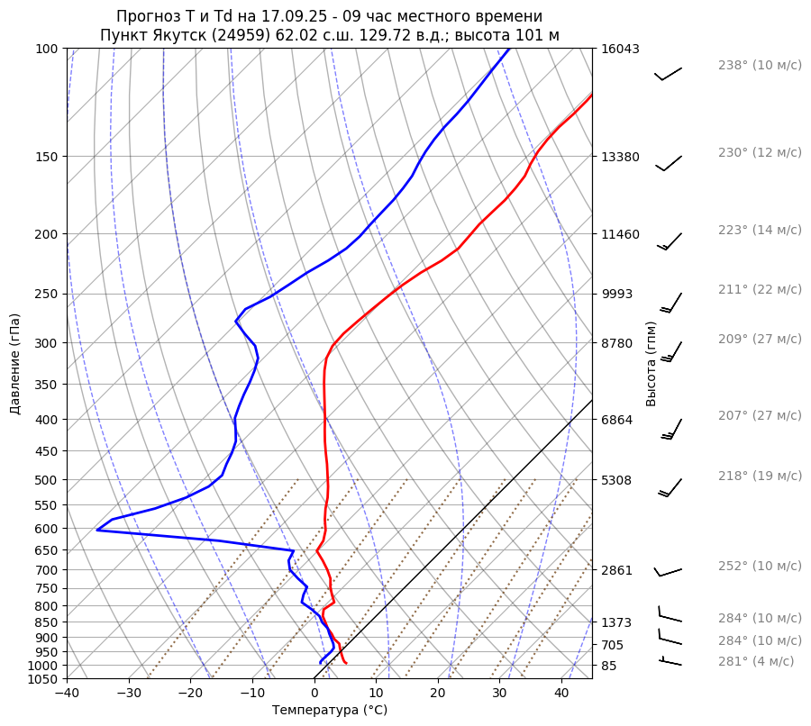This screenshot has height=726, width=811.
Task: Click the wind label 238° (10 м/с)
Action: click(760, 66)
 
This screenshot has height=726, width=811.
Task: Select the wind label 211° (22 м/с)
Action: click(760, 290)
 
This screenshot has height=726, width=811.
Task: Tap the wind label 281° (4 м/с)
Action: click(756, 661)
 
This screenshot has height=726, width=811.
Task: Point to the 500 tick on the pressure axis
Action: click(49, 480)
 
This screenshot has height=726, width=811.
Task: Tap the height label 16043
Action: click(621, 49)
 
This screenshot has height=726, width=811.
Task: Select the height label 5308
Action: click(617, 480)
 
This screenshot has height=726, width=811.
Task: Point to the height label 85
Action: click(610, 666)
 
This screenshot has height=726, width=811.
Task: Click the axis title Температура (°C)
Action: click(330, 711)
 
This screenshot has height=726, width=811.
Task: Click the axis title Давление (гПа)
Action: click(15, 364)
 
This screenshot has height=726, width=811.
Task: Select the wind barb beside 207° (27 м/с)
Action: click(672, 429)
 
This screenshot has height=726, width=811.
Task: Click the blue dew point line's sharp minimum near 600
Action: click(97, 530)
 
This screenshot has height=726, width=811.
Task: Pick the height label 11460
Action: click(621, 234)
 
